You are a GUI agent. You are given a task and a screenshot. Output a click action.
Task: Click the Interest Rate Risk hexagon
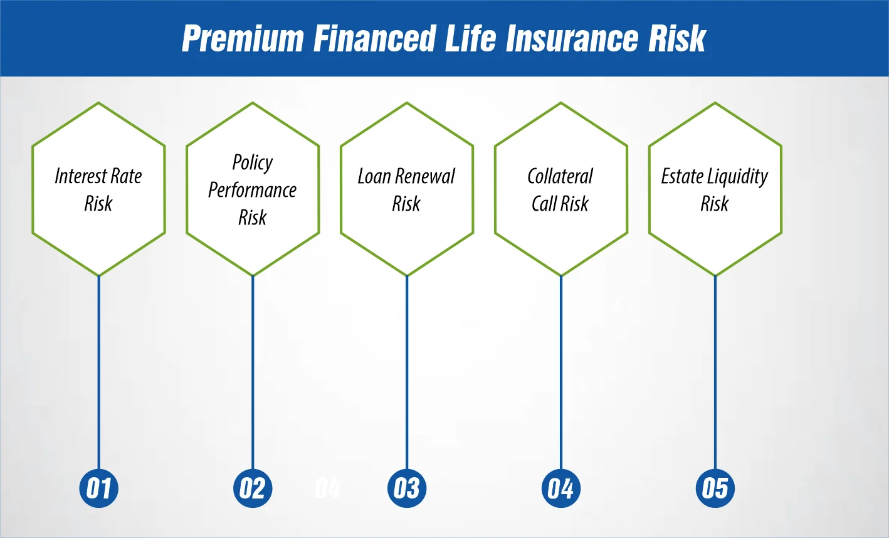[98, 189]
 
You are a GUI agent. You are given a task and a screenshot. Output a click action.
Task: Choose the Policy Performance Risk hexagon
[253, 189]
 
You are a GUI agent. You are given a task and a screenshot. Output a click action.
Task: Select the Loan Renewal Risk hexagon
[407, 189]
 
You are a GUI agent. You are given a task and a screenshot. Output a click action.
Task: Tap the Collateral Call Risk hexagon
[561, 189]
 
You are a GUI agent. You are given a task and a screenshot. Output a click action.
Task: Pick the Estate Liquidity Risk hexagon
[715, 189]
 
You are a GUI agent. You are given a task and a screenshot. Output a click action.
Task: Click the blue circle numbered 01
[98, 488]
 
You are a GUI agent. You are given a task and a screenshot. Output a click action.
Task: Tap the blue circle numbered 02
[253, 488]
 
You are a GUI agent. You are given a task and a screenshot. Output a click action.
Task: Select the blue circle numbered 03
[407, 488]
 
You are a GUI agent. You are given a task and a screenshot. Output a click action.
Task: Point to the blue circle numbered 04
[561, 488]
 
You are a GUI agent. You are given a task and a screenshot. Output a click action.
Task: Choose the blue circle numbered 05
[715, 488]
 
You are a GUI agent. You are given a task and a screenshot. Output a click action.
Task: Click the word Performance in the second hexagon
[253, 190]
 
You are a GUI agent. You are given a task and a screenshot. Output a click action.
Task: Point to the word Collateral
[560, 176]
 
